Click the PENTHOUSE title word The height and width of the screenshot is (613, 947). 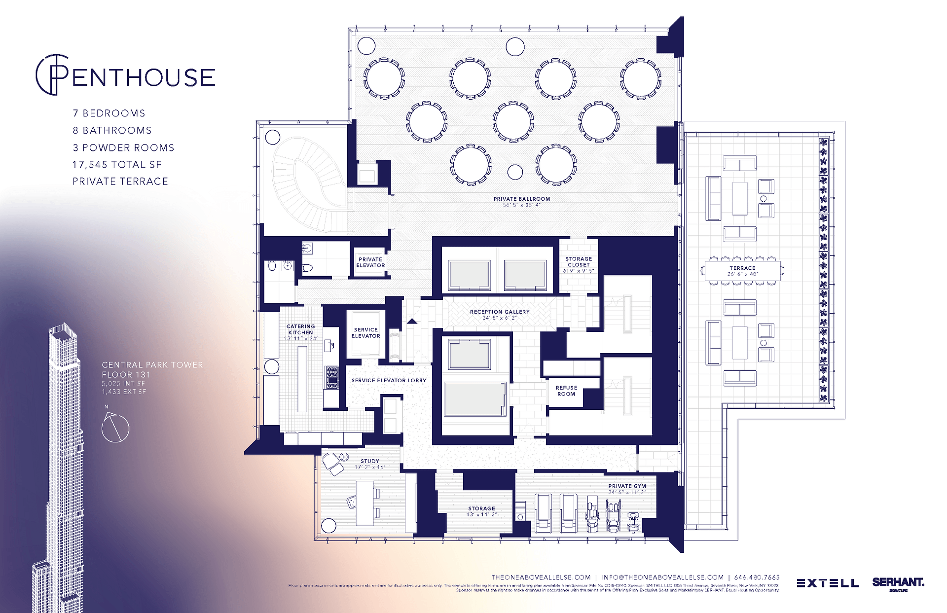click(143, 77)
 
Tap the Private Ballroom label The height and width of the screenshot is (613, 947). click(521, 199)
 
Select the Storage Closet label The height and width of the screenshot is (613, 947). click(579, 262)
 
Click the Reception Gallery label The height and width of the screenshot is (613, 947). click(499, 312)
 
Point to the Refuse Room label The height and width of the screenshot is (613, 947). click(566, 391)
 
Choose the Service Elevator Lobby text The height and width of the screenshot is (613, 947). click(389, 380)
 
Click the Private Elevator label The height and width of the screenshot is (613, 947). click(370, 262)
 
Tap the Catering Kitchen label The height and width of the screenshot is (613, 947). click(300, 329)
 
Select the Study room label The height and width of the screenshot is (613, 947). click(369, 461)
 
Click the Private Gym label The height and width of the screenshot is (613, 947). click(626, 486)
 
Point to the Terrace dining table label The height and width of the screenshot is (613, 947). click(742, 268)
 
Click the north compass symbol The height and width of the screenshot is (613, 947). click(115, 427)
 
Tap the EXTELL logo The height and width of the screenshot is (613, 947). click(827, 583)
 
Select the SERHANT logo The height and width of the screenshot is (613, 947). click(898, 582)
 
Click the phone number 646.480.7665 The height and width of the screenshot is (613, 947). click(757, 577)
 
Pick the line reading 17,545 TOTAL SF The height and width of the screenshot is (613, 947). click(117, 165)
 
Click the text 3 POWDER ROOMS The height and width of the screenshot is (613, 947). click(123, 148)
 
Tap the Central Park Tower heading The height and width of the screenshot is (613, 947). click(152, 365)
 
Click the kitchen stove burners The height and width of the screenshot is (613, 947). click(332, 377)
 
